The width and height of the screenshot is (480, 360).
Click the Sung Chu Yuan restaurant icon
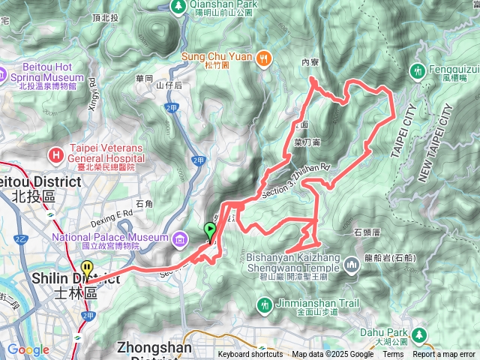263,58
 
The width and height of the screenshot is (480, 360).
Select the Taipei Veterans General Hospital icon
55,154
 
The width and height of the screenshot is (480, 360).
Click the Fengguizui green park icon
417,71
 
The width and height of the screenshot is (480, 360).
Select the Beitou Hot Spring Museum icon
2,73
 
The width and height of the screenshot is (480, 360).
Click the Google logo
28,349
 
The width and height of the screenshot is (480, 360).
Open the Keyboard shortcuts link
250,355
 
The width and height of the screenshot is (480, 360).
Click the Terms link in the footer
393,355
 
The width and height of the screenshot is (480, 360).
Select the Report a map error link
444,355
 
